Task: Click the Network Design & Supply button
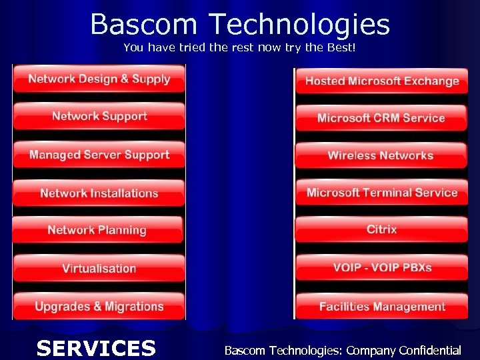[99, 79]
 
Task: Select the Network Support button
[99, 117]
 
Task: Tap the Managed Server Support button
[99, 155]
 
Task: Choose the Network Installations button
[99, 193]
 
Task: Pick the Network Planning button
[97, 231]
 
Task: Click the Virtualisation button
[99, 269]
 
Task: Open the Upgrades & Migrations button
[99, 307]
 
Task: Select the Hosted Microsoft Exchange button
[382, 81]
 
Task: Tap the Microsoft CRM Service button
[381, 118]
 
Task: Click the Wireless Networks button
[381, 156]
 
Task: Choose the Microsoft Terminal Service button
[382, 193]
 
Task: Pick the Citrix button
[381, 229]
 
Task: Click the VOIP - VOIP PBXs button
[382, 268]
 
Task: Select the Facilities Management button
[382, 307]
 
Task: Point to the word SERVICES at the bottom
[96, 348]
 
